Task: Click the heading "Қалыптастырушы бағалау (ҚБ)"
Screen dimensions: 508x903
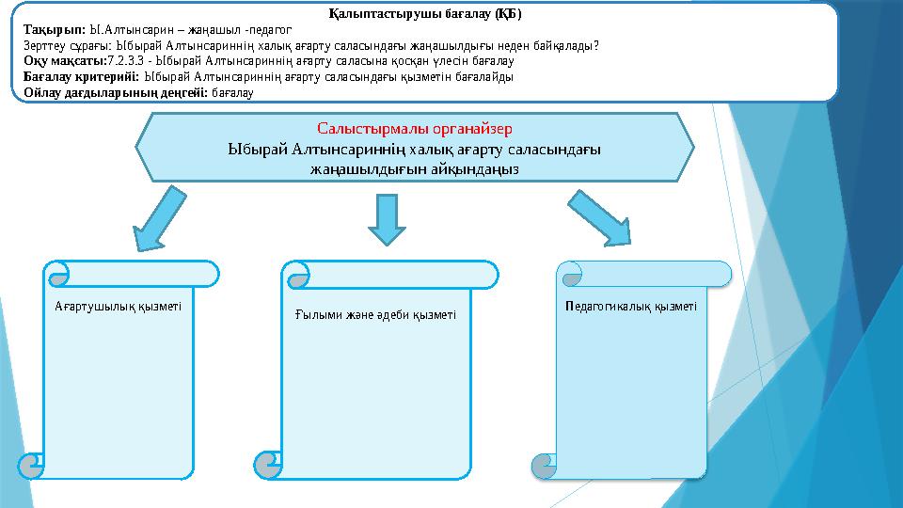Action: click(x=425, y=14)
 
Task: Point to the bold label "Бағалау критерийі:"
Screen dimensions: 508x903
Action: click(x=82, y=77)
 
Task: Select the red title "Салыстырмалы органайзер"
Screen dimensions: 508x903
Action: click(x=414, y=127)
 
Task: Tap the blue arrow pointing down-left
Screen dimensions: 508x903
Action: click(x=157, y=218)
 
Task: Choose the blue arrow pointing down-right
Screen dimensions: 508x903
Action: click(x=605, y=218)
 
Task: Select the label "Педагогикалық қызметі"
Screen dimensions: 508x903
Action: click(x=631, y=307)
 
